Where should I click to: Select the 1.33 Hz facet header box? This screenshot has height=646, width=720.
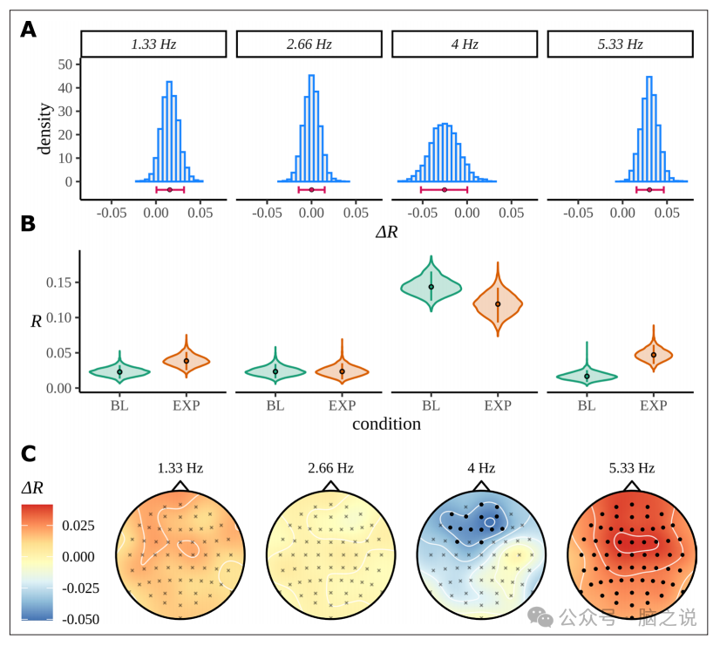(153, 44)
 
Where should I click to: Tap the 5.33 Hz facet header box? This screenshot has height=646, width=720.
(620, 44)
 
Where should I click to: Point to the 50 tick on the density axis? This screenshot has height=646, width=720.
(65, 64)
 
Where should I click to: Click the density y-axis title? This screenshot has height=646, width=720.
(44, 129)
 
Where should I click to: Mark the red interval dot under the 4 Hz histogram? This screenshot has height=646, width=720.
(445, 189)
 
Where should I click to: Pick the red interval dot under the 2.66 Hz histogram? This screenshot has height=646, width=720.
(311, 189)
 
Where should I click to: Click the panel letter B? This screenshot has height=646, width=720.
(29, 223)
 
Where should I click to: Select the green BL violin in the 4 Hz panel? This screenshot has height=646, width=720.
(431, 288)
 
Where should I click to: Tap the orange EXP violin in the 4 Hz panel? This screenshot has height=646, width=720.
(498, 303)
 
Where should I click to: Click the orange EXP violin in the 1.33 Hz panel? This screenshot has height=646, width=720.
(187, 360)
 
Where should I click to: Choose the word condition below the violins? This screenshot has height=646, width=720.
(386, 425)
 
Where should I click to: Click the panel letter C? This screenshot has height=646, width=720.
(29, 453)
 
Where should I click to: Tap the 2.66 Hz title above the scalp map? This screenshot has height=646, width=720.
(330, 468)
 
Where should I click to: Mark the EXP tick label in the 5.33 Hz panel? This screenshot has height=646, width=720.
(653, 405)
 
